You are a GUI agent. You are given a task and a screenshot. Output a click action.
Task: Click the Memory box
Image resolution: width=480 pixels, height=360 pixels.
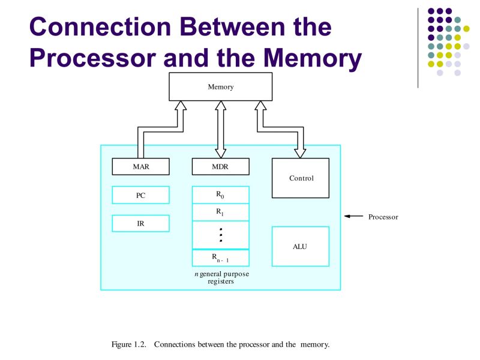pyautogui.click(x=220, y=87)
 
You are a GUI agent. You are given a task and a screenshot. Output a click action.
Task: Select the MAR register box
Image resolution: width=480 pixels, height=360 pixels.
pyautogui.click(x=140, y=166)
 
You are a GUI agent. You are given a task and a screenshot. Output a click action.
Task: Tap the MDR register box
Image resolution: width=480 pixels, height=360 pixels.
pyautogui.click(x=220, y=166)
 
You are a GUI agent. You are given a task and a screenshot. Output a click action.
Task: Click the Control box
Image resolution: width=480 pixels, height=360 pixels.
pyautogui.click(x=301, y=178)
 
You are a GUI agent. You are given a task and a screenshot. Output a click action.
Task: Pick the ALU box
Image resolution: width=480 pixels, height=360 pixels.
pyautogui.click(x=300, y=246)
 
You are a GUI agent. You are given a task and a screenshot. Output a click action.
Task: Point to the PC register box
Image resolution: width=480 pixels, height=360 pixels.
pyautogui.click(x=140, y=195)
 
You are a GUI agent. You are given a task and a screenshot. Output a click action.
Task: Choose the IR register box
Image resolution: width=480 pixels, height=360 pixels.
pyautogui.click(x=140, y=223)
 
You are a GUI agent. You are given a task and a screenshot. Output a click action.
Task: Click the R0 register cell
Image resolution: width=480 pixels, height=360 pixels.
pyautogui.click(x=220, y=195)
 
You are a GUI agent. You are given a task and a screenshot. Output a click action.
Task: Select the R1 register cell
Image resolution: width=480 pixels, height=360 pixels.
pyautogui.click(x=220, y=212)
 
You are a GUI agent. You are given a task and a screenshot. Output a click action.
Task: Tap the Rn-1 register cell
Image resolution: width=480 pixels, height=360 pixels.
pyautogui.click(x=220, y=258)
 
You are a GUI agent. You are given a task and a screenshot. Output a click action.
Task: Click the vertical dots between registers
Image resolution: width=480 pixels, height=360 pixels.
pyautogui.click(x=221, y=235)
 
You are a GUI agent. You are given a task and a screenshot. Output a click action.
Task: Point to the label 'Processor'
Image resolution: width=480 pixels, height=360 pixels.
pyautogui.click(x=383, y=217)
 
